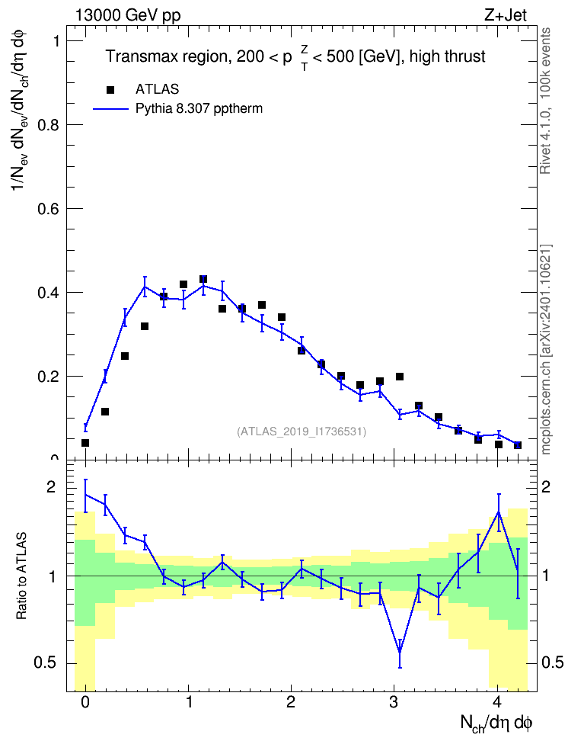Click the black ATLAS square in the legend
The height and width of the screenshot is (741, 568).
click(x=110, y=89)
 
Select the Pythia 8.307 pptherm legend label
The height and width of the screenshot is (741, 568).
click(x=199, y=109)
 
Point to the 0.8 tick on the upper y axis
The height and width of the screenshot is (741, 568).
click(x=49, y=125)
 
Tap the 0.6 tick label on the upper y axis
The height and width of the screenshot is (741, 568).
click(x=49, y=209)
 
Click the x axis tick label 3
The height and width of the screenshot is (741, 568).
click(x=394, y=702)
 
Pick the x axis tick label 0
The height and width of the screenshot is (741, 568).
click(x=85, y=702)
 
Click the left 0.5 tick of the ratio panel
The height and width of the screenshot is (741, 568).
click(x=46, y=663)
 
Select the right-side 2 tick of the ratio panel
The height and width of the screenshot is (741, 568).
click(x=546, y=486)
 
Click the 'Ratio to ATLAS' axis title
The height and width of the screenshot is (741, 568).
click(x=21, y=576)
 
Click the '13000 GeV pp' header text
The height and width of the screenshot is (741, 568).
click(x=128, y=15)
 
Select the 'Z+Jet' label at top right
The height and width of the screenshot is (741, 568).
click(x=506, y=15)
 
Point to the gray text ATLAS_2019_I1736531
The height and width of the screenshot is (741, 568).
click(x=302, y=431)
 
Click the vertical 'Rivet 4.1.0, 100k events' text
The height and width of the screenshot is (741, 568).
click(x=545, y=101)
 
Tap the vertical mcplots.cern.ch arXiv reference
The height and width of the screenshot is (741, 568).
click(x=545, y=350)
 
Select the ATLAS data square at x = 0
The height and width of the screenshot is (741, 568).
click(x=85, y=443)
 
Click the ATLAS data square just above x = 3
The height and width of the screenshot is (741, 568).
click(x=400, y=377)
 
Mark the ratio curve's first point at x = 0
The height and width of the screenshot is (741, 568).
click(x=85, y=495)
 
